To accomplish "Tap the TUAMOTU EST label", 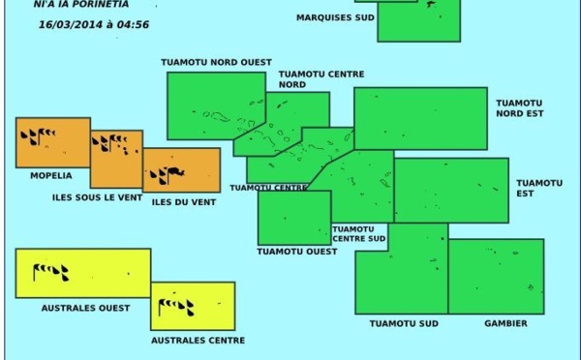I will pos(538,188).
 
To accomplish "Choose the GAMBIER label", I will pos(505,323).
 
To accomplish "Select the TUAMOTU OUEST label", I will pos(297,252).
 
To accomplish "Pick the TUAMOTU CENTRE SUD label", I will pos(359,233).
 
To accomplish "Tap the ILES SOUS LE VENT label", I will pos(97,198).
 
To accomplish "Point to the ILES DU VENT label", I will pos(184,202).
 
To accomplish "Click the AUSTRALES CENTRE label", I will pos(199,340).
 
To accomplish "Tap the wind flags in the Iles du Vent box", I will pos(167,175).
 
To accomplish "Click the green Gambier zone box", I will pos(496,277).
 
